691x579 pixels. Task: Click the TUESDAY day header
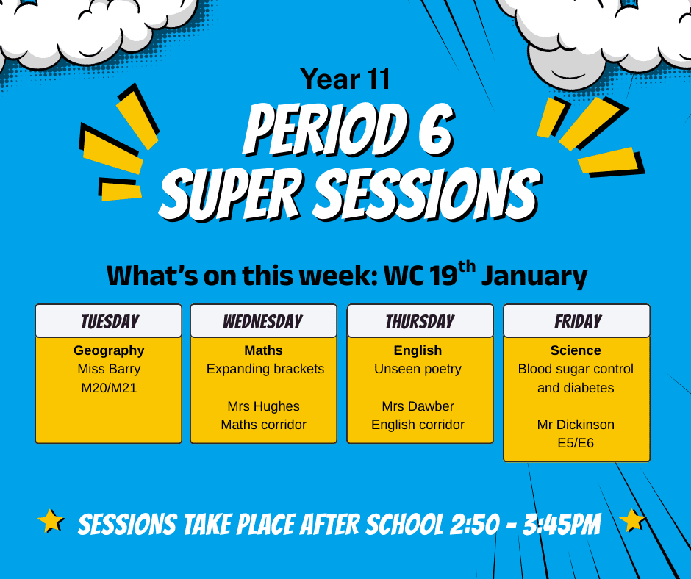110,322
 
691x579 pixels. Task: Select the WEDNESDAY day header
263,322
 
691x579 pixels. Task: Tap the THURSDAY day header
420,322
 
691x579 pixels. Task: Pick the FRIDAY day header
578,322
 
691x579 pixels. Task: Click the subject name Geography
109,350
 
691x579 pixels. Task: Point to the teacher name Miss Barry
109,369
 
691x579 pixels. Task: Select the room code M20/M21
109,388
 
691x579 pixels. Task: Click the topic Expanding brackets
265,370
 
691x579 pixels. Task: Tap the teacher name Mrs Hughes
263,406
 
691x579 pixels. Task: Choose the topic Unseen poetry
418,370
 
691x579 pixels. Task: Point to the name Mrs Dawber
418,406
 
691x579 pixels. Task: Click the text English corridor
418,425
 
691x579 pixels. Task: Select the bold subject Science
576,350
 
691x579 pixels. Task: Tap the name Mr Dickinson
576,425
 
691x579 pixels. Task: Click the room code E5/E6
576,443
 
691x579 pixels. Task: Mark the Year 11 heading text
345,79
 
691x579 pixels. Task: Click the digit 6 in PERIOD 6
434,130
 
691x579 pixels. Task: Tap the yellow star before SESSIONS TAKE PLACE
51,521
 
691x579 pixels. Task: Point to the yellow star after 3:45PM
632,521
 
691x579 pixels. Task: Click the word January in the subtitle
534,277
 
